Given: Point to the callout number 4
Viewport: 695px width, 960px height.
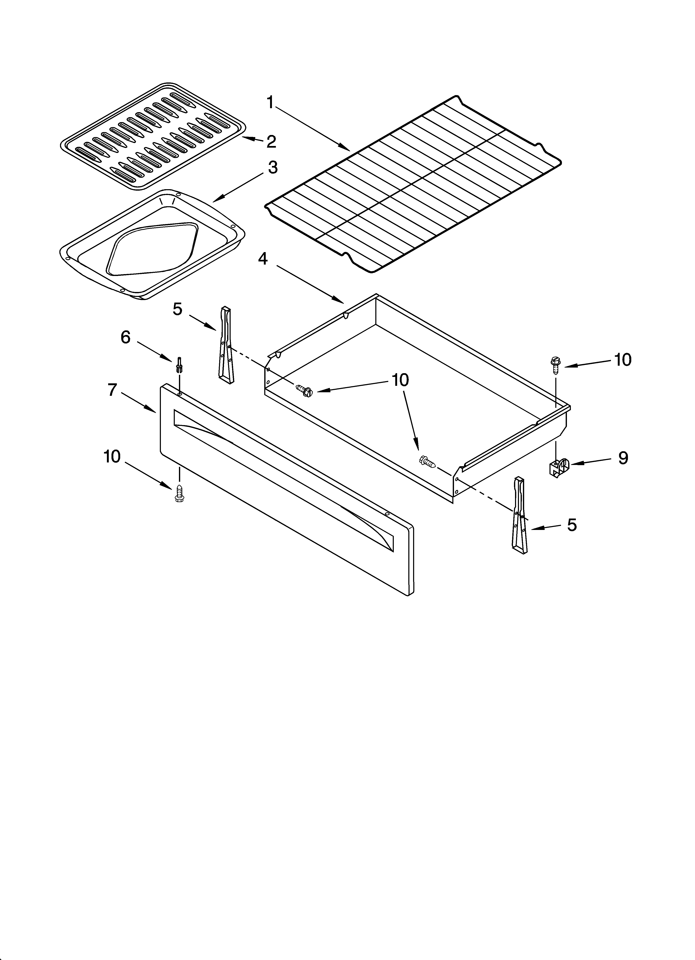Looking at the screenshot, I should point(263,258).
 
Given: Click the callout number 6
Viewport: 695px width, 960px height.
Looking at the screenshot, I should point(126,337).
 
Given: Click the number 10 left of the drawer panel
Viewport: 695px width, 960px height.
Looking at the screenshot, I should point(112,457).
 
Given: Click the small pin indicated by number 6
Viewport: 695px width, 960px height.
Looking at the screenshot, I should point(180,365).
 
